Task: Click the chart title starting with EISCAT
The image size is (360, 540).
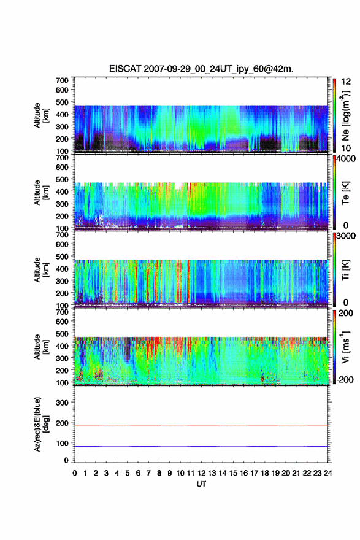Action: click(201, 69)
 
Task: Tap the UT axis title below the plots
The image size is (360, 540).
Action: click(201, 484)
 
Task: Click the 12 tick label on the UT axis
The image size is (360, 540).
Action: click(201, 473)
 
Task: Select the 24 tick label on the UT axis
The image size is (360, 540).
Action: click(327, 473)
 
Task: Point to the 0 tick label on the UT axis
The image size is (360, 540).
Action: click(75, 473)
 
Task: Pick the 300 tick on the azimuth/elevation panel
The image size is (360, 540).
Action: click(62, 403)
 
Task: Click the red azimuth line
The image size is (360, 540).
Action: click(201, 426)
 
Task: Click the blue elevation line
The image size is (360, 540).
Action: click(201, 446)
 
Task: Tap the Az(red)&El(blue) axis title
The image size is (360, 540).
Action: click(41, 424)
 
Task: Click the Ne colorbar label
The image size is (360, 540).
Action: click(345, 116)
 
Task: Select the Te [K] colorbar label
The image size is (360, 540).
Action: click(345, 193)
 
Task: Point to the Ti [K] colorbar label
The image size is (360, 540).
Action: click(345, 270)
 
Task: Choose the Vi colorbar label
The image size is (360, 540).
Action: click(345, 347)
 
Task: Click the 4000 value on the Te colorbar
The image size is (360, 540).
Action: click(347, 159)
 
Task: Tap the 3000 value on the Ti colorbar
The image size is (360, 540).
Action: click(347, 236)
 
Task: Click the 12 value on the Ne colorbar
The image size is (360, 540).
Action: click(346, 82)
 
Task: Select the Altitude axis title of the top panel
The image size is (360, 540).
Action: click(41, 115)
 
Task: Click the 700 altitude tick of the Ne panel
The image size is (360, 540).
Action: click(62, 80)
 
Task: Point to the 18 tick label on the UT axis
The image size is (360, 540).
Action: click(265, 473)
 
